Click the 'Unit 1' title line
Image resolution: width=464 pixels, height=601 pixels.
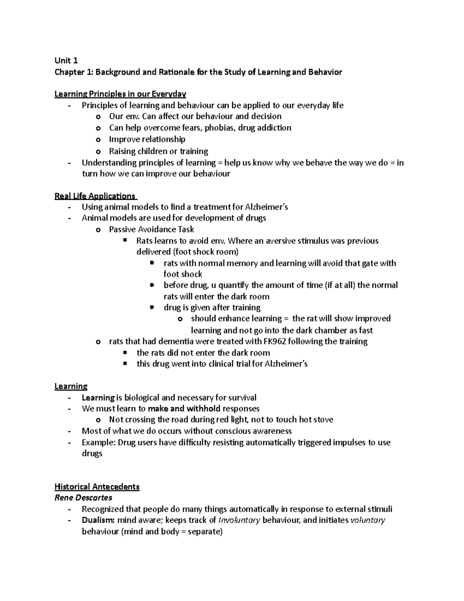(x=66, y=60)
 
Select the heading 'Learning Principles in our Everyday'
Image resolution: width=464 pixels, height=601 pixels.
(x=120, y=94)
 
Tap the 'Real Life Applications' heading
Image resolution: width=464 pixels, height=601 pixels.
(x=95, y=196)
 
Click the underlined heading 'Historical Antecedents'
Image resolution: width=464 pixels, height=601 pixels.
(x=97, y=487)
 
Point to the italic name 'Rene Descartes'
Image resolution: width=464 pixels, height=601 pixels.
(x=83, y=498)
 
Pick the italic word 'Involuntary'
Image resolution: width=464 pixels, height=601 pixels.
(x=239, y=520)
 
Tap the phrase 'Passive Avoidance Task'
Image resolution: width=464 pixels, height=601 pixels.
(x=151, y=229)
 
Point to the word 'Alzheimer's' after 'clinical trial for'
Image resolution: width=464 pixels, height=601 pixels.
(x=286, y=364)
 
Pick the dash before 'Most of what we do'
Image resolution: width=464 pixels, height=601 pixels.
(x=69, y=431)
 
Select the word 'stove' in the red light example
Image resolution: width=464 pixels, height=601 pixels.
(x=323, y=420)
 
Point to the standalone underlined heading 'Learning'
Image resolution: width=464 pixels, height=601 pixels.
(x=71, y=386)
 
